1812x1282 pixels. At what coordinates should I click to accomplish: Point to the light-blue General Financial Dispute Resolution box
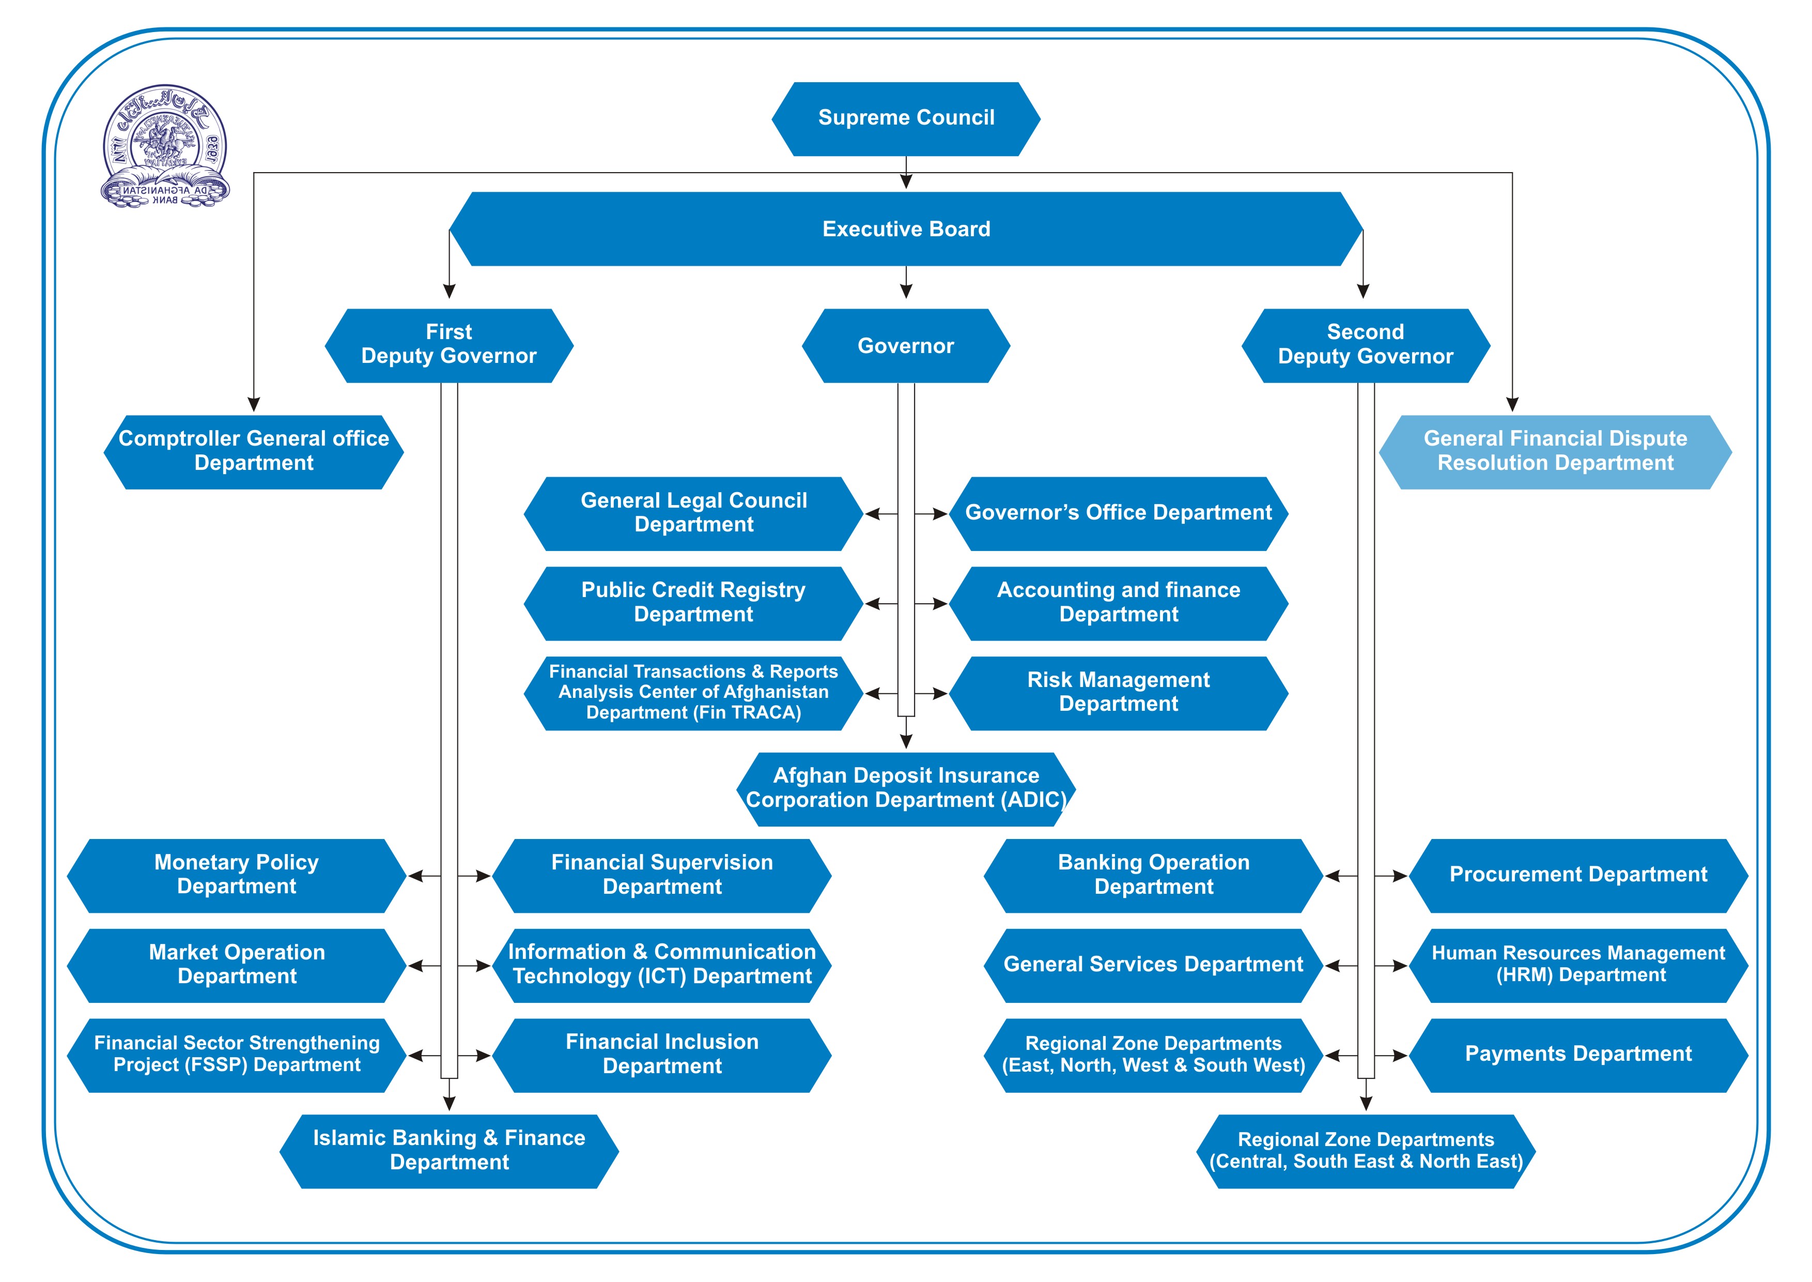pos(1555,451)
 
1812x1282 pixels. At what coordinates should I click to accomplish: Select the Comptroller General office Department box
pos(253,451)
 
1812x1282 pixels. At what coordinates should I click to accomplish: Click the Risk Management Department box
pos(1118,692)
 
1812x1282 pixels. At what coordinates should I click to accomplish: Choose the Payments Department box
pos(1578,1055)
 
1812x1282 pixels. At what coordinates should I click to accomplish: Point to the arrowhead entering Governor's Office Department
pos(940,514)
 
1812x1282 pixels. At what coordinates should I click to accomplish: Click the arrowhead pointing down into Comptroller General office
pos(253,404)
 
